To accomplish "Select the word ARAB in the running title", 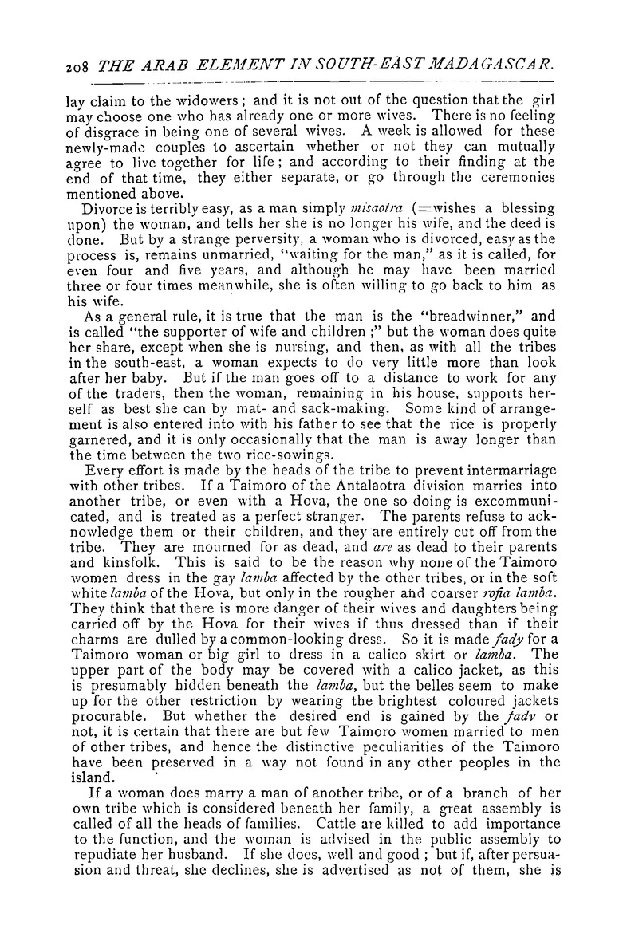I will (160, 74).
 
